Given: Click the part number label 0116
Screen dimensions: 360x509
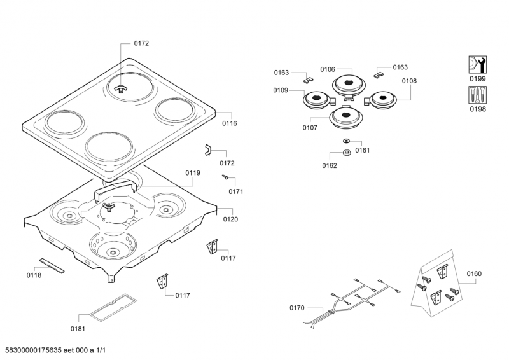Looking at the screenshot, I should (x=229, y=123).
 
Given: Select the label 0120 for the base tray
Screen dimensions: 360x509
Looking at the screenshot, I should (x=230, y=219).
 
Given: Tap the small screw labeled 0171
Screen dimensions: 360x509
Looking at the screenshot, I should (x=225, y=177).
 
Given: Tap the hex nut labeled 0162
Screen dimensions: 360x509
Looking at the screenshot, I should (x=347, y=152).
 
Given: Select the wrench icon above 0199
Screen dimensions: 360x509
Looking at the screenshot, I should (x=477, y=64).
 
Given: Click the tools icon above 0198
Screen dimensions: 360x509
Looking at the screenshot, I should (x=477, y=95).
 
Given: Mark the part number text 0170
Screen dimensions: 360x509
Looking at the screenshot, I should (x=297, y=308).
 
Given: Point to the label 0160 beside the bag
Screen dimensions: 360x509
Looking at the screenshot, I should (x=473, y=274).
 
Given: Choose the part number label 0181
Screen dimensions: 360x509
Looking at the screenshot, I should (x=78, y=328).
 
